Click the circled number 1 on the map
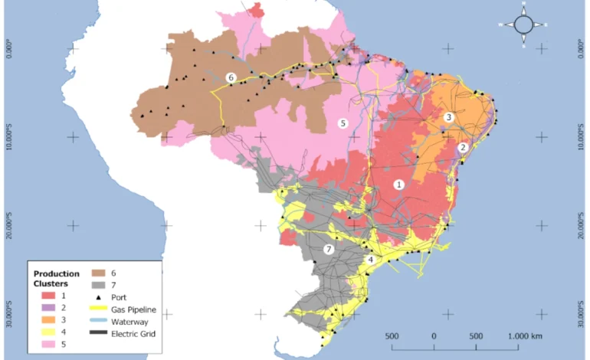click(x=398, y=185)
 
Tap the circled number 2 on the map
click(x=463, y=148)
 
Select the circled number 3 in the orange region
click(x=449, y=117)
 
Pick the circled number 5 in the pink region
click(x=343, y=123)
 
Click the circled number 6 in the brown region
click(x=231, y=77)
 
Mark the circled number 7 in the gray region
click(x=329, y=250)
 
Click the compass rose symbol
click(x=524, y=25)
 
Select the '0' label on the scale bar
click(x=434, y=336)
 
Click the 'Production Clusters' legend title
click(x=56, y=278)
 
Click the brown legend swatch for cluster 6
click(x=98, y=272)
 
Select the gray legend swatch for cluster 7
click(x=98, y=284)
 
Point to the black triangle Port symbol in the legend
click(x=98, y=297)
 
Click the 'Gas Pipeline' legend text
click(x=134, y=309)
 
